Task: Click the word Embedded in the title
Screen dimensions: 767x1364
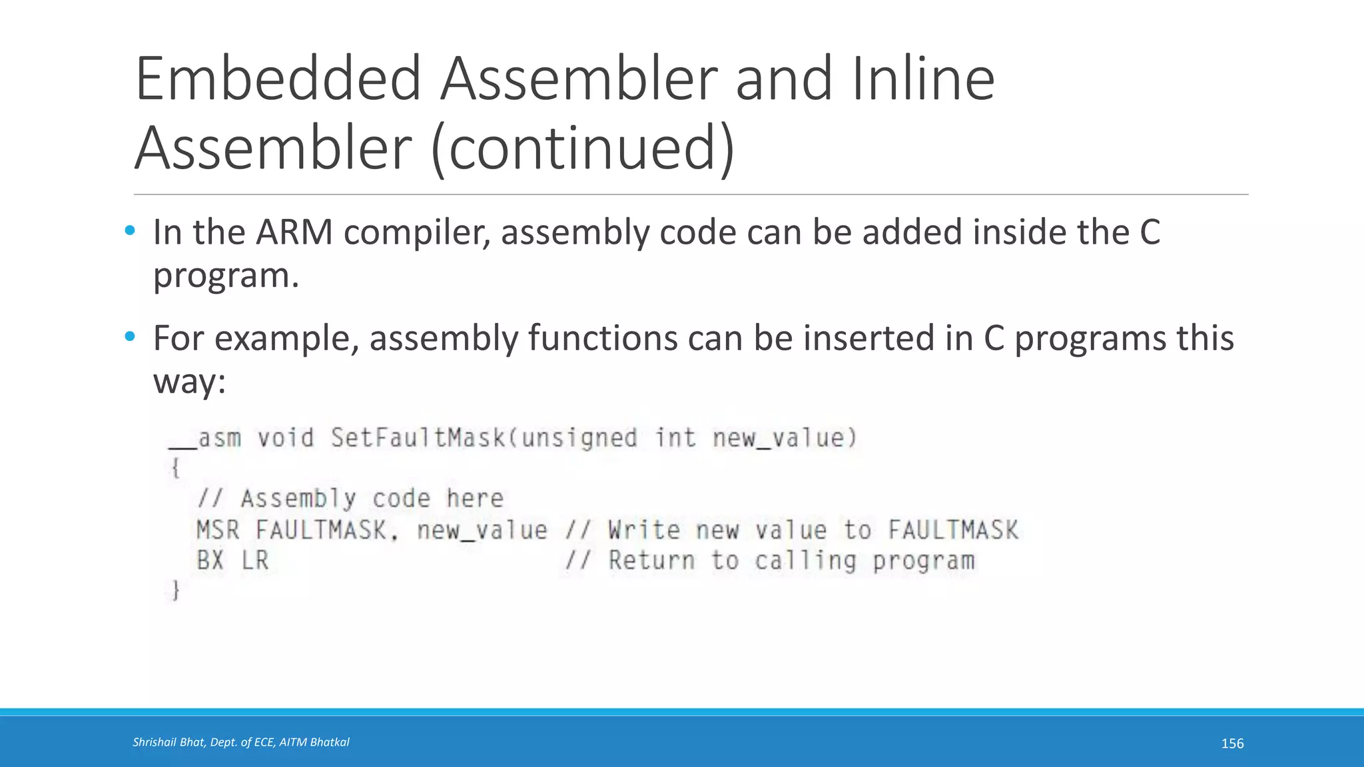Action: tap(278, 79)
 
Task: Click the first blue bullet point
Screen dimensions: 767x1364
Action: tap(130, 231)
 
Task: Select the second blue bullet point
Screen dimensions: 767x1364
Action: tap(130, 337)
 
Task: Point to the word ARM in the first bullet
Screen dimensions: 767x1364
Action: tap(294, 232)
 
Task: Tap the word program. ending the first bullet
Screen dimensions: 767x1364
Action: tap(226, 275)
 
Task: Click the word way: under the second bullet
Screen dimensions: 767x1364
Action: tap(190, 381)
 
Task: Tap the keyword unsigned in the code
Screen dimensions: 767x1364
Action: tap(579, 438)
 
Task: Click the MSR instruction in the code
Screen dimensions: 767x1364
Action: tap(217, 531)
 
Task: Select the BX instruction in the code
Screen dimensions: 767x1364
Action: tap(210, 561)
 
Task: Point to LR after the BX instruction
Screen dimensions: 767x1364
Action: tap(254, 561)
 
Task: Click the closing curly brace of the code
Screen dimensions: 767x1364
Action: tap(175, 591)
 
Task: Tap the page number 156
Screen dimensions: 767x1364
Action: tap(1232, 744)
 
